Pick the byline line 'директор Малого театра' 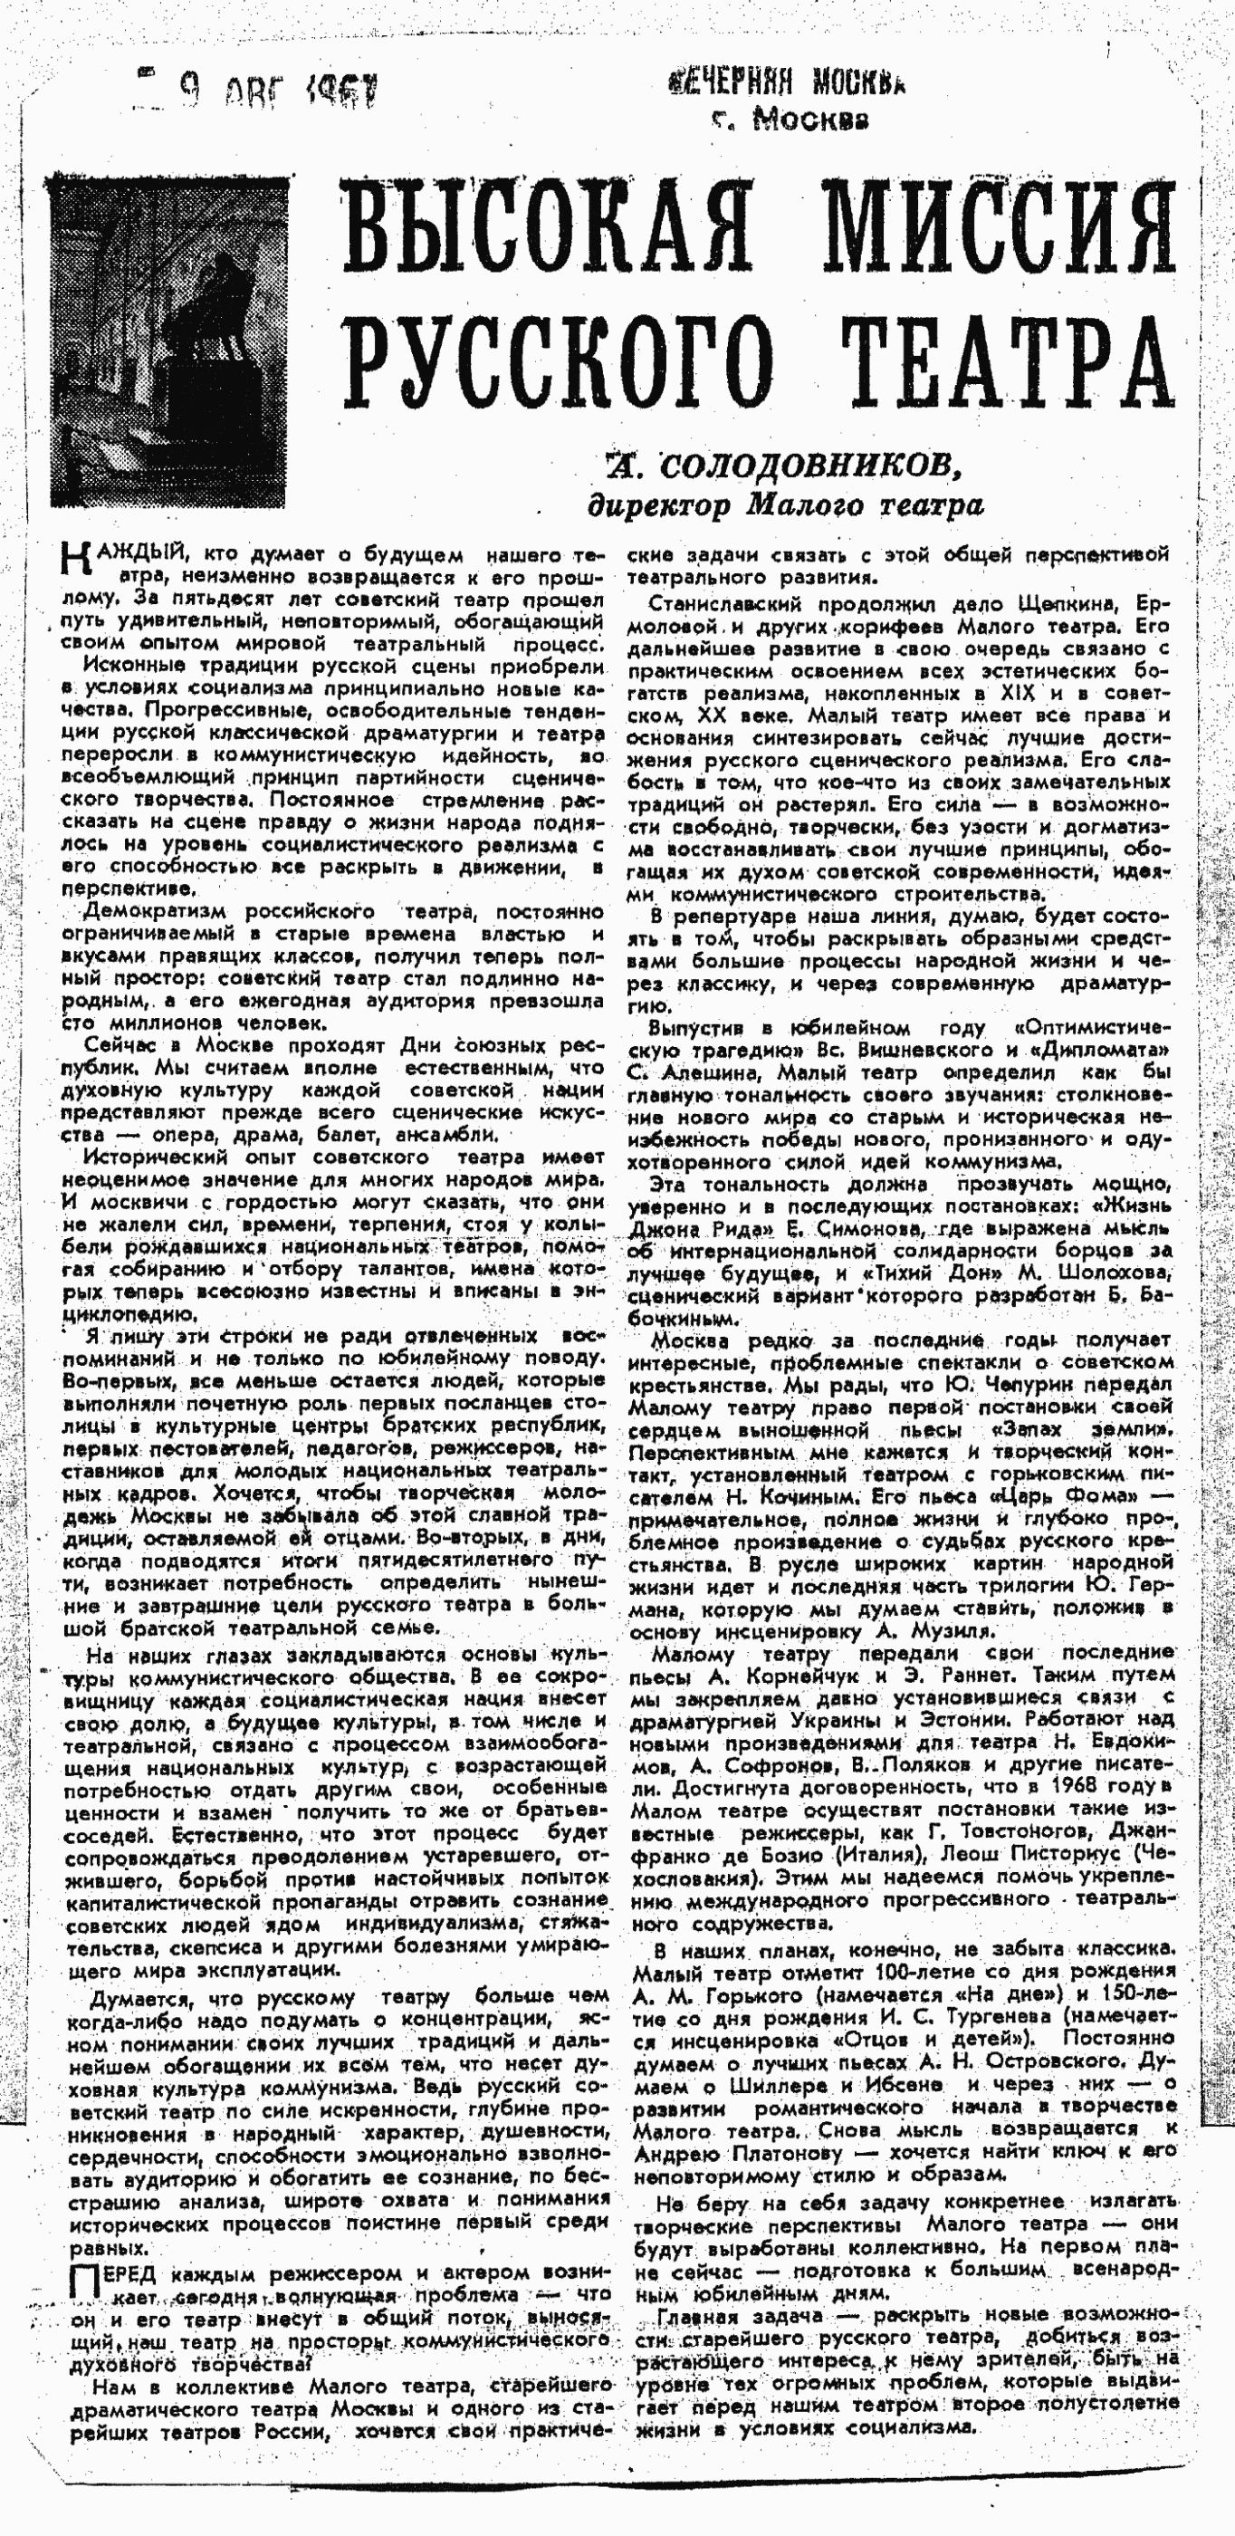(x=785, y=506)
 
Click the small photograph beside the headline (x=170, y=341)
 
